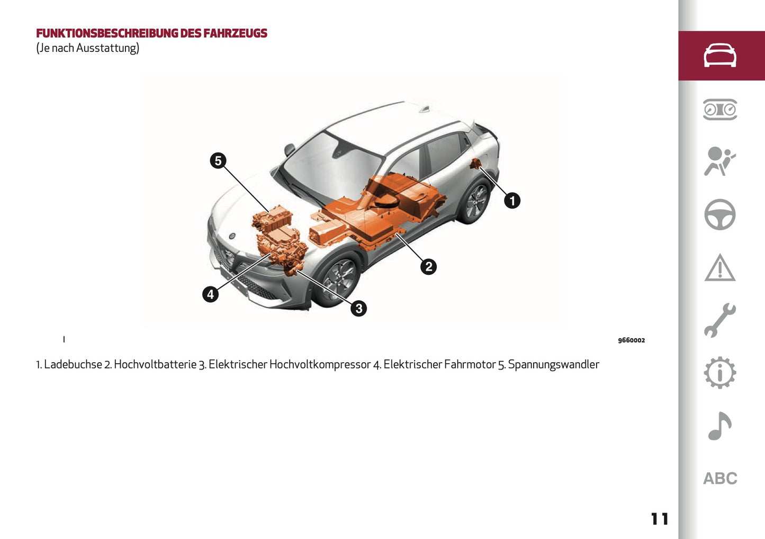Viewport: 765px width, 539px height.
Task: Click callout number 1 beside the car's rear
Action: (x=512, y=201)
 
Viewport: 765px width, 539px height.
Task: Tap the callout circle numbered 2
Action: (x=428, y=266)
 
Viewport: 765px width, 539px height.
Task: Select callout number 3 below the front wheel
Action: (x=358, y=308)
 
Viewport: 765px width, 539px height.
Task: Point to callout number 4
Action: (x=210, y=294)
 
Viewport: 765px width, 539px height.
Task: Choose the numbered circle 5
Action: (x=218, y=160)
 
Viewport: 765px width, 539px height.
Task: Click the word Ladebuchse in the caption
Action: (x=73, y=364)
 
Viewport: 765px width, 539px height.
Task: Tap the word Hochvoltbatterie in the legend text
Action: (x=155, y=364)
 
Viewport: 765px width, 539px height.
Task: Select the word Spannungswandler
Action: (x=553, y=364)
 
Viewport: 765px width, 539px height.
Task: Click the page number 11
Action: (x=660, y=519)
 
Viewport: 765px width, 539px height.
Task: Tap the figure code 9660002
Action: (x=631, y=340)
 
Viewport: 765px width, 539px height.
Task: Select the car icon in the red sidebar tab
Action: (x=719, y=56)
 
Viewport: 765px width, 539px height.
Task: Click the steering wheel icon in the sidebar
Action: (x=719, y=214)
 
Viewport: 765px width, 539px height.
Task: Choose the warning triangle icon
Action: (x=719, y=268)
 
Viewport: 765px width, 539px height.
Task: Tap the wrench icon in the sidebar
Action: (x=719, y=320)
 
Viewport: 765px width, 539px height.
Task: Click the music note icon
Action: (x=719, y=426)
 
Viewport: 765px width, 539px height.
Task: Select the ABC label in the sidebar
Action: (x=720, y=479)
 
